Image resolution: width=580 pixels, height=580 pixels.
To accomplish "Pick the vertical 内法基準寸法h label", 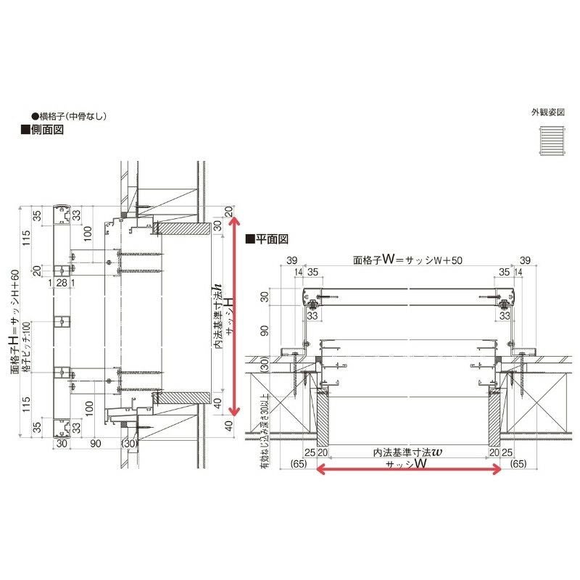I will pos(217,316).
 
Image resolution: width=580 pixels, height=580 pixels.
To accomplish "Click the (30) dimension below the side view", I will pos(130,444).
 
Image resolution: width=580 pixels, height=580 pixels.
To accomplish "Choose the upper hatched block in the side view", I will pos(181,228).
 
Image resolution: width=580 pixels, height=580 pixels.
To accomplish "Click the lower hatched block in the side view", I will pos(181,398).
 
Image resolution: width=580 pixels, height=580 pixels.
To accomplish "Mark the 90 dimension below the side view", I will pos(94,444).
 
